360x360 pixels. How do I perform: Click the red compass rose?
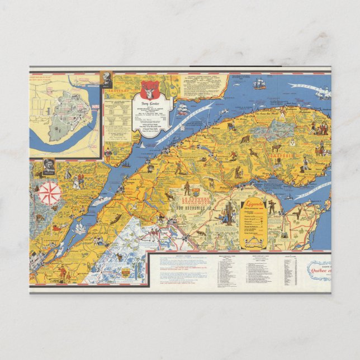(x=49, y=193)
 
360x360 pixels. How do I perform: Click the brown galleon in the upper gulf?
(x=258, y=84)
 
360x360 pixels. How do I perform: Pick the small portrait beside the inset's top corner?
(x=107, y=79)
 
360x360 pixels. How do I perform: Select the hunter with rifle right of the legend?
(x=272, y=207)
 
